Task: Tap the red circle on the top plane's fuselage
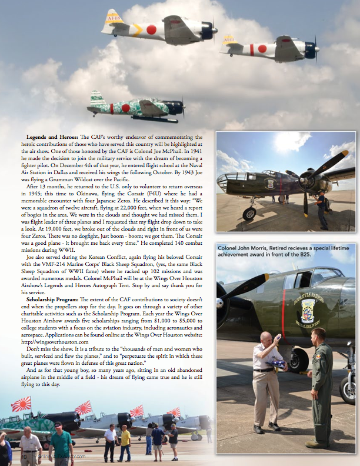tap(151, 29)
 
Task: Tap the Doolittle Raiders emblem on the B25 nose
tap(308, 309)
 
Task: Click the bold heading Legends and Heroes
tap(51, 137)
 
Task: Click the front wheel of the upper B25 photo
tap(249, 214)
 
